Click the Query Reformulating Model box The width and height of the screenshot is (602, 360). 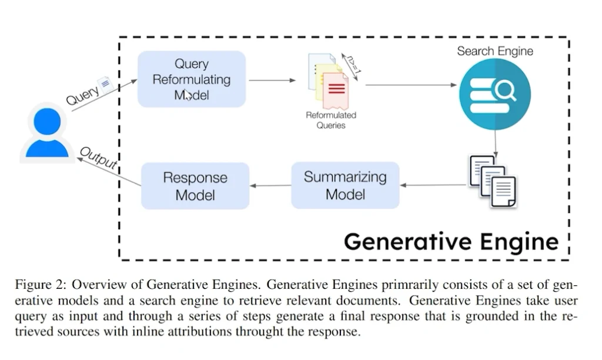[x=191, y=79]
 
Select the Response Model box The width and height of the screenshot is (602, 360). [x=195, y=185]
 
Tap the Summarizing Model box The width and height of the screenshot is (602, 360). [x=345, y=185]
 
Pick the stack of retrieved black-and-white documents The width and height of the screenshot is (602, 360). [x=492, y=179]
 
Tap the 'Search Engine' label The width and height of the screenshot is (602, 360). [x=495, y=51]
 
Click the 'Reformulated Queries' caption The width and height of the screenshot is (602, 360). [x=331, y=120]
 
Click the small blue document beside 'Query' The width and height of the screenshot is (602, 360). [x=105, y=85]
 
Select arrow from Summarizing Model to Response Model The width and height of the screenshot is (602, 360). [x=270, y=186]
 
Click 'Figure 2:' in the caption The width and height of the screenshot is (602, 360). [x=40, y=285]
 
